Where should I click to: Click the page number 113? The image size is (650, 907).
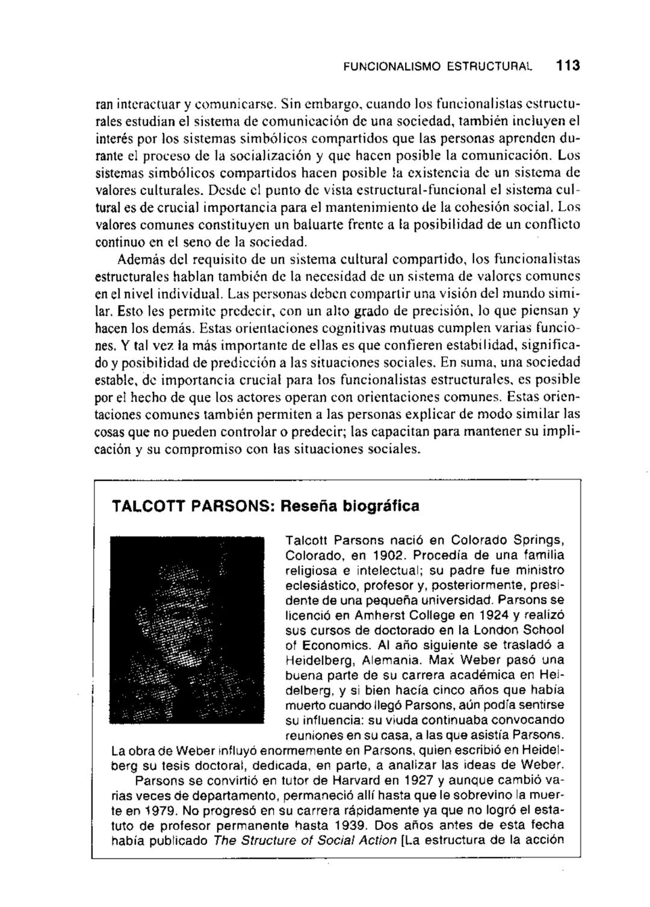[568, 66]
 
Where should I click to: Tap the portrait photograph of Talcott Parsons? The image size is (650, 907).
[188, 630]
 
